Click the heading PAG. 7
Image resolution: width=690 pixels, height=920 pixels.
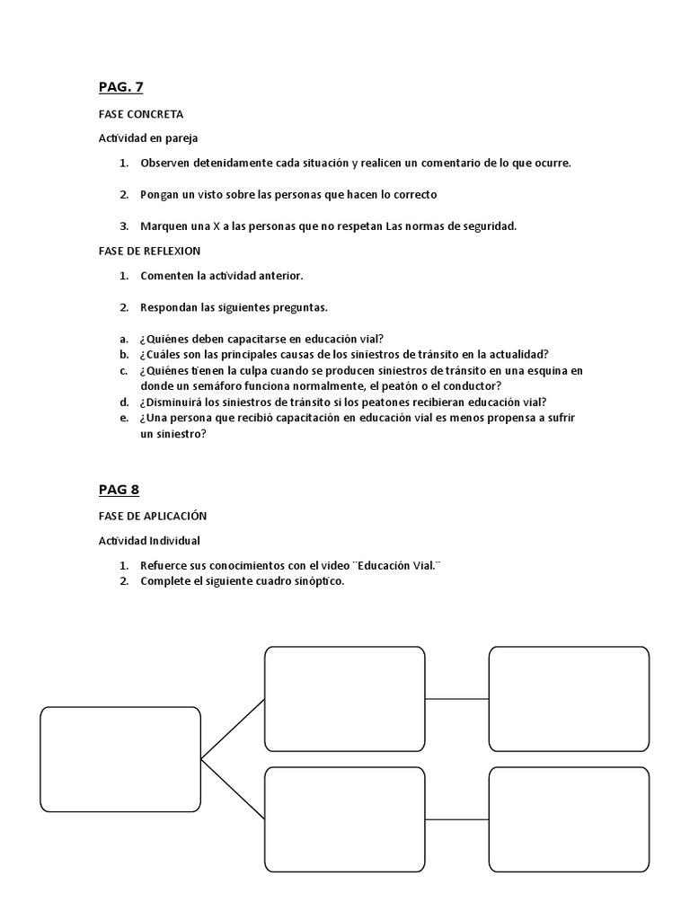120,87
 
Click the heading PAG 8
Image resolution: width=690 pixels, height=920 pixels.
119,490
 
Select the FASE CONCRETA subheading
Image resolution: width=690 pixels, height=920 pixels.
140,114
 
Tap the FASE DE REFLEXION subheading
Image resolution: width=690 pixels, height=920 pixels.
149,251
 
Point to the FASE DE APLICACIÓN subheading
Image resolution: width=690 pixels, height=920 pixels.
153,516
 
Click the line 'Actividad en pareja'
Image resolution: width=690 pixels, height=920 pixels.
148,138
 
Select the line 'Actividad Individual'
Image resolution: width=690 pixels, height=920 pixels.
149,541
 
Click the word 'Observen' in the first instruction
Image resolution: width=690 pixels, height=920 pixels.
164,163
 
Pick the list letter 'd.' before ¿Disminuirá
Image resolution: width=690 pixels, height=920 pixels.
124,402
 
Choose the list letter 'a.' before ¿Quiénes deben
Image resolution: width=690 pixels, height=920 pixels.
124,339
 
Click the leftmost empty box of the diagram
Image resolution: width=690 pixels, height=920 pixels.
120,759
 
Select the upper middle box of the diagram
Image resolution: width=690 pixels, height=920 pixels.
344,698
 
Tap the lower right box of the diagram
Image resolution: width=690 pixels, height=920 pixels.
569,818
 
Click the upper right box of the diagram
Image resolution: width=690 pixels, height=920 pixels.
569,698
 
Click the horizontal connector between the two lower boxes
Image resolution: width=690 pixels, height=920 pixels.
456,818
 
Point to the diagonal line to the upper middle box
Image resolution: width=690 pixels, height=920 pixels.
233,729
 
